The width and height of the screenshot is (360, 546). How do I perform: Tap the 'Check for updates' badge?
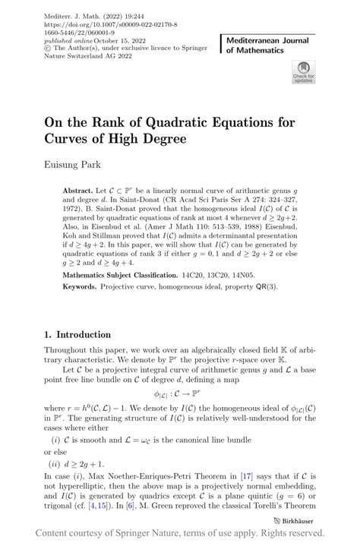point(303,72)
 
